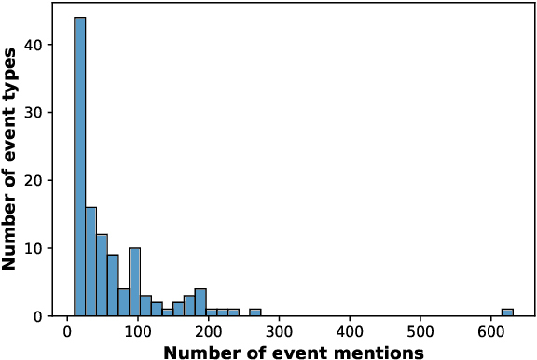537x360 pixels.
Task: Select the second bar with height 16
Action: coord(90,262)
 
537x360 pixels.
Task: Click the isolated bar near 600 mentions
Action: coord(507,312)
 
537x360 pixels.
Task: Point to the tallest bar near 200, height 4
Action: coord(200,303)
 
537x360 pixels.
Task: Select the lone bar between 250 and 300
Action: coord(255,312)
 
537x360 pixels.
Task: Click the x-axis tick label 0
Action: coord(67,332)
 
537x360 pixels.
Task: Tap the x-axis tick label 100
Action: coord(138,332)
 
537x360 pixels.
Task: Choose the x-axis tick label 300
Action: coord(280,332)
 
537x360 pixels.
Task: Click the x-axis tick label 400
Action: coord(351,332)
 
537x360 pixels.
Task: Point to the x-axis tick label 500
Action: coord(420,332)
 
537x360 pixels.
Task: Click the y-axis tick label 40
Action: coord(44,45)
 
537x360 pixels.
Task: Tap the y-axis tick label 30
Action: coord(44,113)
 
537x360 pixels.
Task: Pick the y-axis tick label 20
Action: coord(44,181)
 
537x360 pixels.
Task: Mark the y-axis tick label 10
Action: coord(44,249)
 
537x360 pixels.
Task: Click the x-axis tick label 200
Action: coord(209,332)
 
